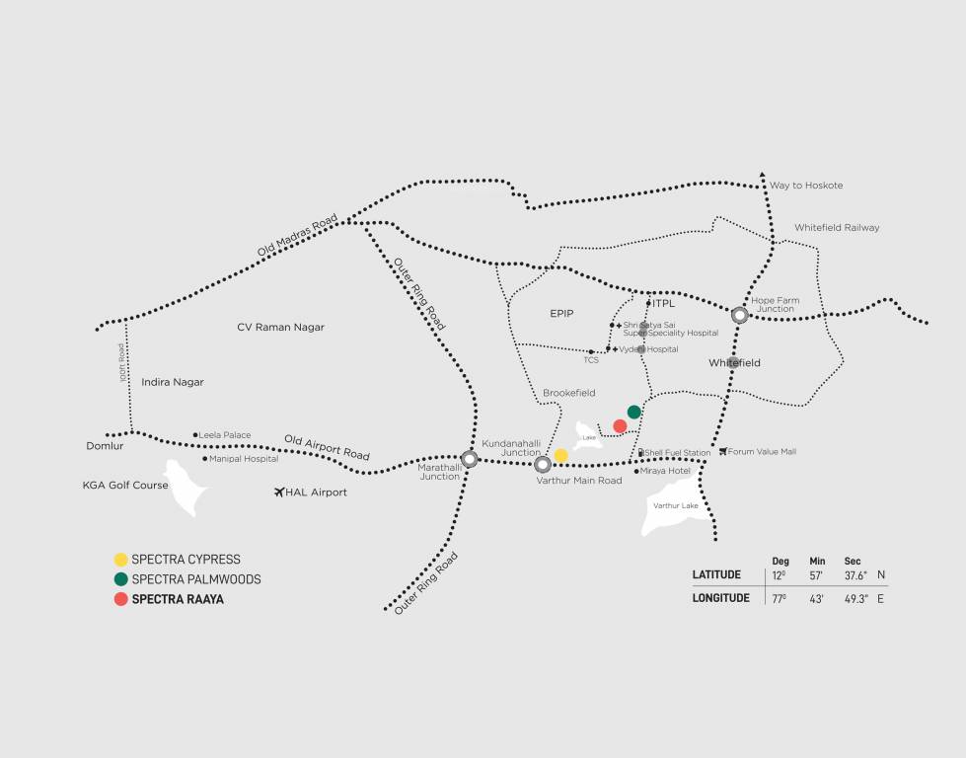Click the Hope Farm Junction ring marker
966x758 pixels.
point(740,316)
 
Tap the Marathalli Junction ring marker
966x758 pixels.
point(470,459)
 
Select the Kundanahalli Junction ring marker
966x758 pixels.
point(542,465)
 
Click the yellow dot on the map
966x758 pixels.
point(561,455)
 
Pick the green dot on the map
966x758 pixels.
point(634,412)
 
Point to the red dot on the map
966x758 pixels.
point(620,426)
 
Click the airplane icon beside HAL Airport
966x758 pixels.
point(280,492)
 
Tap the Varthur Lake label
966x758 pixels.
point(676,505)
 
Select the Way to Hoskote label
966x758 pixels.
point(806,186)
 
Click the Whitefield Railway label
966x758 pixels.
point(836,228)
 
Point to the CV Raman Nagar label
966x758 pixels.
point(280,327)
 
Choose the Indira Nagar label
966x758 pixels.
point(173,382)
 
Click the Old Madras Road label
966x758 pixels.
point(297,236)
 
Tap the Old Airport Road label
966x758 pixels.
point(327,447)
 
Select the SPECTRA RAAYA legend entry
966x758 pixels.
point(178,599)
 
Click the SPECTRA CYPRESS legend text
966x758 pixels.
point(186,560)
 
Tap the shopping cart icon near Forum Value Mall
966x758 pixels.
point(723,452)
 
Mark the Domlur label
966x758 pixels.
point(105,446)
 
